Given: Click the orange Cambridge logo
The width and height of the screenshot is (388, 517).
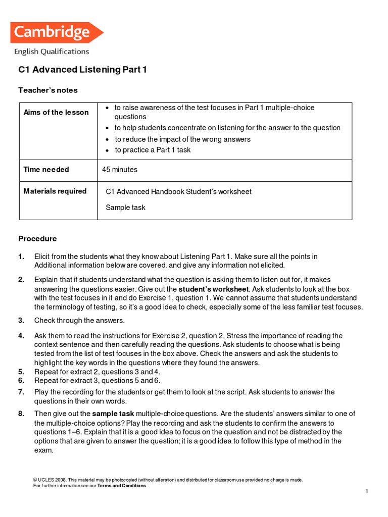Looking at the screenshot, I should (56, 33).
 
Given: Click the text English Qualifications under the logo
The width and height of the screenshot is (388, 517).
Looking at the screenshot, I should (52, 51).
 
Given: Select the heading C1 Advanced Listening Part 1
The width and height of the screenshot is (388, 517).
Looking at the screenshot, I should (82, 70).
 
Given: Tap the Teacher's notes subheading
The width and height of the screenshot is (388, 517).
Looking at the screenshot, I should (48, 90).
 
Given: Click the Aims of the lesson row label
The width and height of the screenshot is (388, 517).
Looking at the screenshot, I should (56, 112).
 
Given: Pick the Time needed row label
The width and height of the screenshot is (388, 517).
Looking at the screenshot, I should (46, 170).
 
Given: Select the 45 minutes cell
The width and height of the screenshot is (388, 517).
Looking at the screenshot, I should (120, 170).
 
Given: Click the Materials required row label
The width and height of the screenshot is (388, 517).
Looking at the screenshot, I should (55, 191).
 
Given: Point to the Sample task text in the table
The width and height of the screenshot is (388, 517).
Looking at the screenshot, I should (125, 208).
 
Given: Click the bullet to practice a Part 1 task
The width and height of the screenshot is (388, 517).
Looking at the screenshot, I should (153, 150).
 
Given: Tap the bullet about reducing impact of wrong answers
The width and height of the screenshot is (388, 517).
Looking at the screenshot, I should (182, 139).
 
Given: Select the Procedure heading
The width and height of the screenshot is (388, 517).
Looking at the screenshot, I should (38, 239).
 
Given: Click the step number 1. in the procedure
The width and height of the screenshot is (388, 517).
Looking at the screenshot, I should (21, 256).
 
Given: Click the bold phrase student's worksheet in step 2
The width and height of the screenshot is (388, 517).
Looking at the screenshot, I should (214, 289).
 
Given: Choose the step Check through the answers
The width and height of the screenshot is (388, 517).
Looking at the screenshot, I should (79, 320).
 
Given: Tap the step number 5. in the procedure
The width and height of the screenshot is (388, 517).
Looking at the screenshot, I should (21, 372).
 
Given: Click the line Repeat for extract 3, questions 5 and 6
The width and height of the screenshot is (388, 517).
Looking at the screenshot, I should (97, 380).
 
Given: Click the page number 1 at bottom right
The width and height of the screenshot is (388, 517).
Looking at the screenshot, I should (366, 491).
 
